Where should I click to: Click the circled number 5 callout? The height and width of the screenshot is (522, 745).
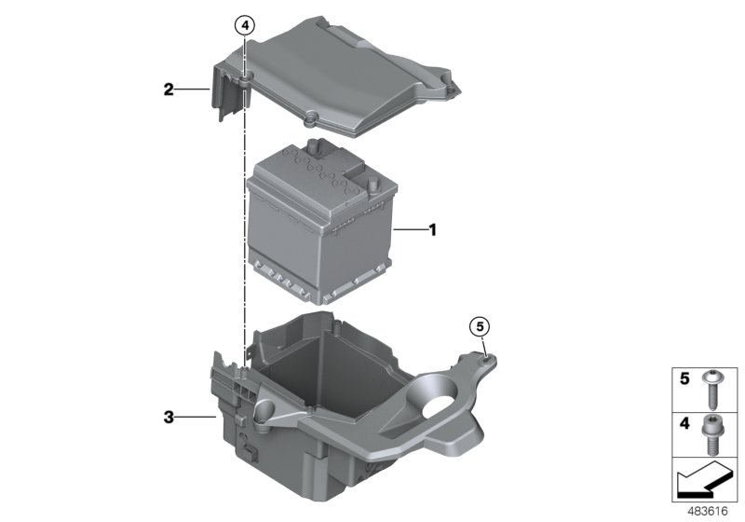(x=479, y=326)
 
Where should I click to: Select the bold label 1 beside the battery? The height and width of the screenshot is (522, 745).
(x=431, y=228)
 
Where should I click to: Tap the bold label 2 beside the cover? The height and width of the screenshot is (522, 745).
(x=168, y=89)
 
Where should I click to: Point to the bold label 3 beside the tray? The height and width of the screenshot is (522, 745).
(x=169, y=419)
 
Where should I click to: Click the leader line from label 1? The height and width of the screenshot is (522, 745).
(x=409, y=228)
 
